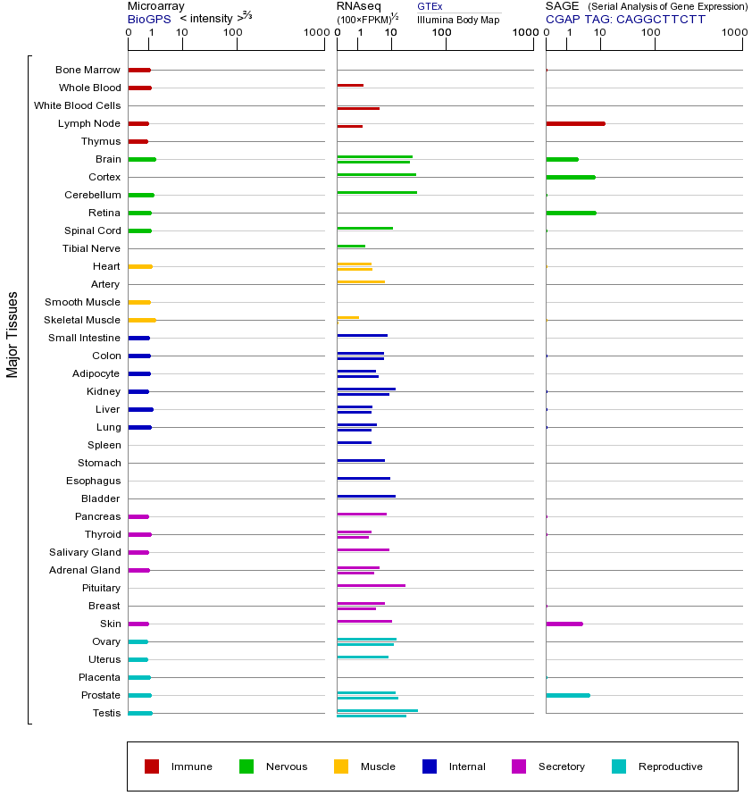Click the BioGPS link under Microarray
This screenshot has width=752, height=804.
click(x=149, y=19)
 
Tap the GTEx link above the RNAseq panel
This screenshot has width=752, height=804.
click(x=430, y=6)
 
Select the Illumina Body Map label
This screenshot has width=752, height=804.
click(x=458, y=19)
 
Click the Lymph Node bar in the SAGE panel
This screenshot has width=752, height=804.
click(x=575, y=123)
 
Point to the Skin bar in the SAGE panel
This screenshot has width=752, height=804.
click(x=564, y=624)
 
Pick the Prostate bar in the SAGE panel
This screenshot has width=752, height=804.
click(x=567, y=695)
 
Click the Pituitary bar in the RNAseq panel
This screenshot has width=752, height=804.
click(x=371, y=585)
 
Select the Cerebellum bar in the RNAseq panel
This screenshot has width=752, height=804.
click(x=376, y=192)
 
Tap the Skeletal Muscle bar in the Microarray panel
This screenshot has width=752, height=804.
click(x=141, y=320)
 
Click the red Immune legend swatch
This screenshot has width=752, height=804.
click(x=152, y=766)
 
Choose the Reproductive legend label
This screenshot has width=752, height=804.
click(x=670, y=766)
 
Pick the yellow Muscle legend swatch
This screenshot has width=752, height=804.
click(x=341, y=766)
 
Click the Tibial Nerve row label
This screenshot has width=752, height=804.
click(x=91, y=248)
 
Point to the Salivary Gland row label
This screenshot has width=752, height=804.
click(x=84, y=552)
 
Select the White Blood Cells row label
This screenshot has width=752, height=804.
click(x=77, y=105)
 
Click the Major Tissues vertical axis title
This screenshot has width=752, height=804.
click(x=13, y=334)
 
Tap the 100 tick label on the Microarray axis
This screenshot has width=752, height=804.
click(x=233, y=33)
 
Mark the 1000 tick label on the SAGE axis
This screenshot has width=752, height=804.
click(x=734, y=33)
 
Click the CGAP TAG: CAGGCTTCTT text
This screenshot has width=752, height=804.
click(x=625, y=19)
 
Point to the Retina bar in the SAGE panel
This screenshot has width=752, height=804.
click(x=571, y=213)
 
